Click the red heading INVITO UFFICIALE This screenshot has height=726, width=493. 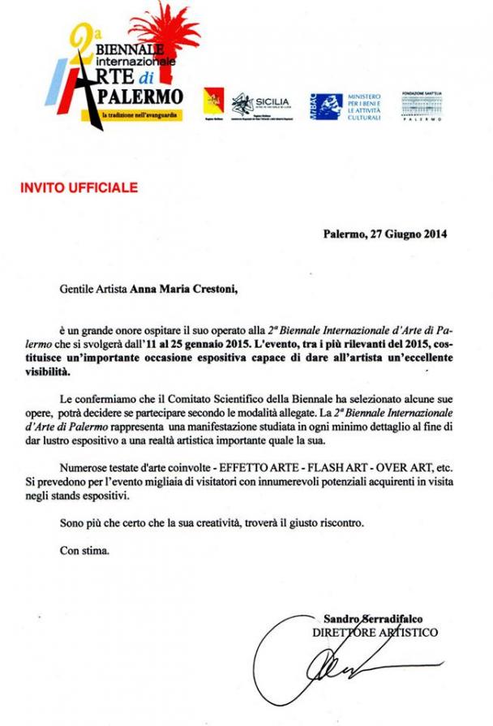[79, 188]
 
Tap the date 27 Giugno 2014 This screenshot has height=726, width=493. [409, 235]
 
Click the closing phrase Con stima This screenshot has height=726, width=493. [84, 550]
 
